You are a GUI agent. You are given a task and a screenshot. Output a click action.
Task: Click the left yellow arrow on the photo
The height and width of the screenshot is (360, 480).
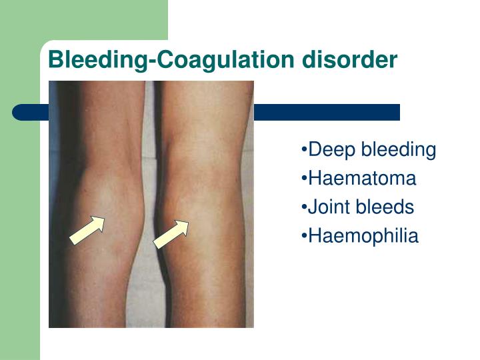pos(87,230)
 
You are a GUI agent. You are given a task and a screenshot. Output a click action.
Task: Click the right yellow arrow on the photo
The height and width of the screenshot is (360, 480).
pos(171,234)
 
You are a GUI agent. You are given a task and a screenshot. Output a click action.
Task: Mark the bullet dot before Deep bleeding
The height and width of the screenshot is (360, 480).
pos(304,151)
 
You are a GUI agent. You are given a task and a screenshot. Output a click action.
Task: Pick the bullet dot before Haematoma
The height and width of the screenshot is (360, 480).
pos(304,179)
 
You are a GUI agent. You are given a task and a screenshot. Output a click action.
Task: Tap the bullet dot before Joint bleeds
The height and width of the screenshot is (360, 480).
pos(304,208)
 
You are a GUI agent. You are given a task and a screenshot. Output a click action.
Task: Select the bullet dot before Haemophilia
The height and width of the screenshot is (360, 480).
pos(304,237)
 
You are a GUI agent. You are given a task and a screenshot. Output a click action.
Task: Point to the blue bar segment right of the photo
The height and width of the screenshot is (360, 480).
pos(327,112)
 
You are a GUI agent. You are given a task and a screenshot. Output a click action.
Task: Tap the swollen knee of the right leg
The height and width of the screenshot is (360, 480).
pos(193,200)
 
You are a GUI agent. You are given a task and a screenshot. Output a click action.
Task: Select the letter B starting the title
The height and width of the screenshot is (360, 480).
pos(55,60)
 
